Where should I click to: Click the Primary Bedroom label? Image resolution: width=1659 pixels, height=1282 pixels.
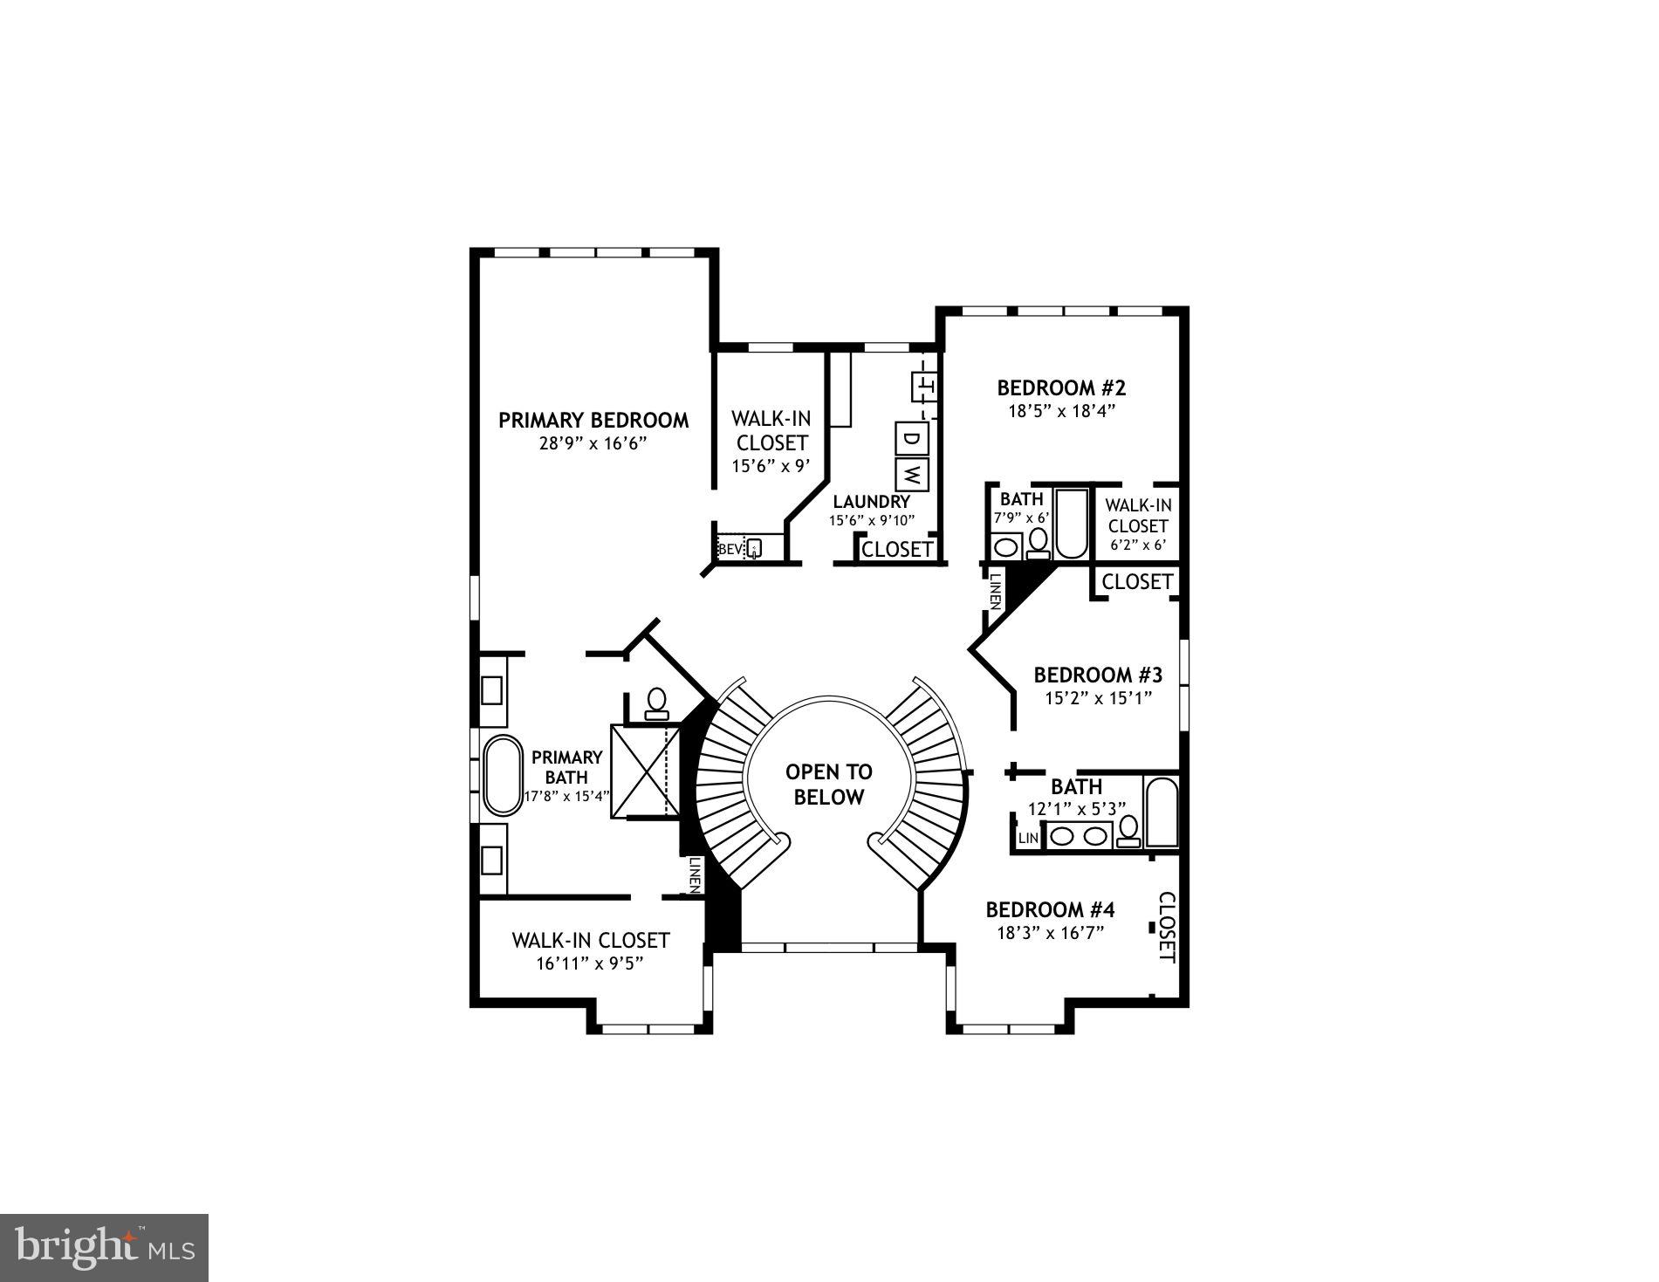pos(593,420)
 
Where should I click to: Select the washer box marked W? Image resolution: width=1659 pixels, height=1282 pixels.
pos(911,474)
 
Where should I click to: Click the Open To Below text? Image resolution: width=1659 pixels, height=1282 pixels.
pos(828,784)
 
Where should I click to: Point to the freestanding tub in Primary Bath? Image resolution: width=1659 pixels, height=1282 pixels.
pos(500,775)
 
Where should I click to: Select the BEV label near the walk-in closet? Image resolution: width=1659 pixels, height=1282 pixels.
pos(730,549)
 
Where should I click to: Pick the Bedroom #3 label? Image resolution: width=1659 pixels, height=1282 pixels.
pos(1098,675)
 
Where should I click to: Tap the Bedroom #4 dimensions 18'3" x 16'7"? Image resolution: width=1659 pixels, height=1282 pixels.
pos(1051,932)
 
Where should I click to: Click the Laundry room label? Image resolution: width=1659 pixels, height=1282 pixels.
pos(871,502)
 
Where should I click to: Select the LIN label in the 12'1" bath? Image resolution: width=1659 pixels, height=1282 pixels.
pos(1028,838)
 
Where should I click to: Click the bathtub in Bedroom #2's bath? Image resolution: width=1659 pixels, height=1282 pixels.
pos(1071,524)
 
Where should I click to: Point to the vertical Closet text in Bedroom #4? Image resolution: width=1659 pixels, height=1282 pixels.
pos(1166,927)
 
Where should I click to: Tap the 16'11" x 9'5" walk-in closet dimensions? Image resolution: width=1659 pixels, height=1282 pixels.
pos(590,963)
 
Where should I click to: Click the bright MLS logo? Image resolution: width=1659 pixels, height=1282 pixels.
pos(105,1247)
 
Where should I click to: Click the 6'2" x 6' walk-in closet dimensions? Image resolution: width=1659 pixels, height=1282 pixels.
pos(1137,545)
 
